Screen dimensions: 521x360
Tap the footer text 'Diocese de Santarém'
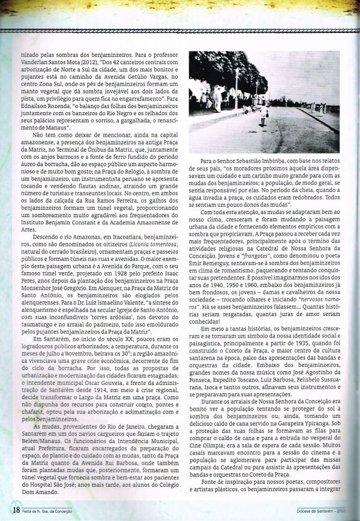(x=313, y=511)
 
